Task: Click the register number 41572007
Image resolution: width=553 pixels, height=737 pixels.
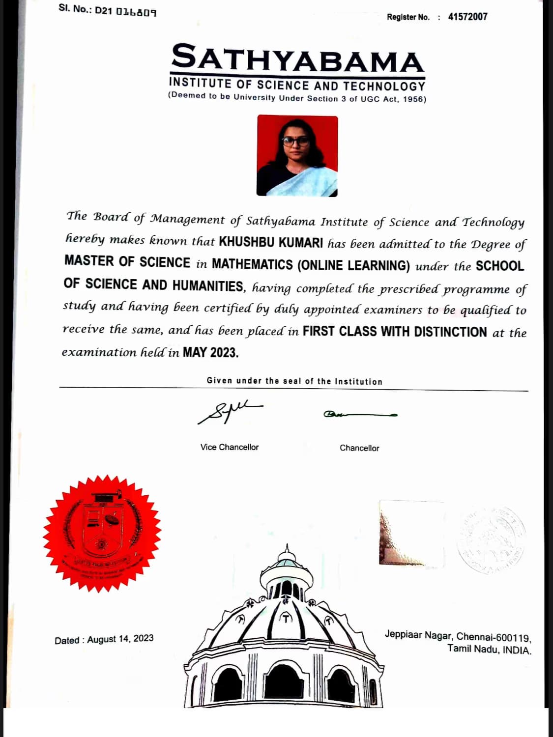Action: (x=467, y=17)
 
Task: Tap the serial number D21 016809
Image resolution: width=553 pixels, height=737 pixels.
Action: (x=126, y=10)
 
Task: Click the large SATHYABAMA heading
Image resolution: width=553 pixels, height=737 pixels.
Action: (x=297, y=58)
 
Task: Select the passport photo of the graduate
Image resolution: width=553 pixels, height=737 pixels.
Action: (x=297, y=156)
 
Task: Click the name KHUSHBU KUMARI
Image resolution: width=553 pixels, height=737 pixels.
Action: (x=271, y=242)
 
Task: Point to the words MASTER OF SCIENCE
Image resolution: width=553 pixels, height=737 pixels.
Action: (x=127, y=262)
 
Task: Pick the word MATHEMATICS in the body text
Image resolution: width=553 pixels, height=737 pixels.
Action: (x=252, y=264)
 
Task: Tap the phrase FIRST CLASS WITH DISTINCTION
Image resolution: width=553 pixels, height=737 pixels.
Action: (x=394, y=332)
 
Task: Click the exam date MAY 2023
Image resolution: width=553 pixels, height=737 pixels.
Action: (x=210, y=352)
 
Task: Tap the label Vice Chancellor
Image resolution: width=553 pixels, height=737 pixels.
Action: (x=229, y=447)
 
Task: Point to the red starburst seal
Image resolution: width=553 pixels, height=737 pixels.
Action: (x=102, y=533)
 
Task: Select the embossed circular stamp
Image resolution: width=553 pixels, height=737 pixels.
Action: (x=490, y=539)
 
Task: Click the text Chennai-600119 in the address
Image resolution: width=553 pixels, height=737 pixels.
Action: (x=494, y=637)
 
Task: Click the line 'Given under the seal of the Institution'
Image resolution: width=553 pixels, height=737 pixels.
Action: (x=294, y=381)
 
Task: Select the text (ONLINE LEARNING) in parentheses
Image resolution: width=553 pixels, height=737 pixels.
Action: (x=353, y=265)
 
